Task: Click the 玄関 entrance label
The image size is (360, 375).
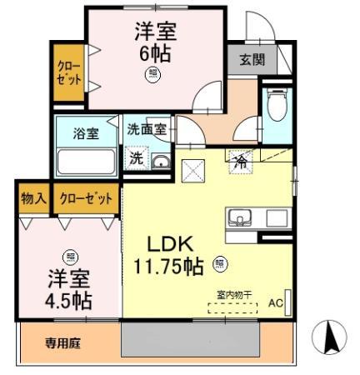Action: [x=252, y=59]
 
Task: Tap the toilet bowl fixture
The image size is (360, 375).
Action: [x=276, y=104]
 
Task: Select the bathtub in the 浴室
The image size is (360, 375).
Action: [x=86, y=162]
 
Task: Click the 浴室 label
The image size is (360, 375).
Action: [x=86, y=133]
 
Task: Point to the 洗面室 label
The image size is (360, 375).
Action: [x=147, y=129]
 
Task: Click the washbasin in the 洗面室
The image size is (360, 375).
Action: [x=161, y=162]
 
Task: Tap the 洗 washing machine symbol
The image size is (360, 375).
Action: [x=137, y=158]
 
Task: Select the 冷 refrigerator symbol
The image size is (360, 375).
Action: [x=241, y=162]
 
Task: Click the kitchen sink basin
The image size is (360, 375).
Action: [x=239, y=217]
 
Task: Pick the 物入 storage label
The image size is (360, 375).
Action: [x=34, y=198]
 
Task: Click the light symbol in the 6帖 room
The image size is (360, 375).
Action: [x=152, y=74]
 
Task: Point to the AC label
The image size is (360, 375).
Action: [x=276, y=302]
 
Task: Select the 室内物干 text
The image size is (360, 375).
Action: [x=234, y=295]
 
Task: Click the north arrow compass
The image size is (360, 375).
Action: [x=329, y=337]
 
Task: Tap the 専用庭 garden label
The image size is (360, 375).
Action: [x=62, y=343]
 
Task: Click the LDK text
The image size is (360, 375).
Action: [x=170, y=244]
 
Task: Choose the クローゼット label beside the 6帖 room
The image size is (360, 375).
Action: [x=69, y=72]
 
